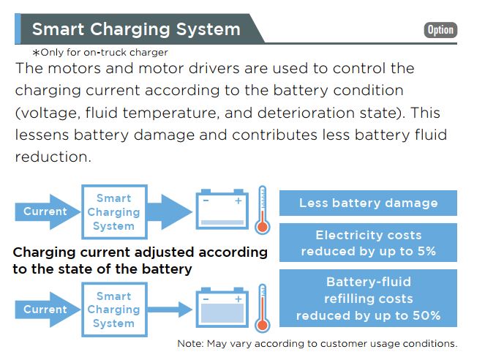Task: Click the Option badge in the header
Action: click(440, 30)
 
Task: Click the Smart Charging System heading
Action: click(136, 30)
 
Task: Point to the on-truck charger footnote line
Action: click(99, 52)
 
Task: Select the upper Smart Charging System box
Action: click(113, 211)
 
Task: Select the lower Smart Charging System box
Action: click(113, 310)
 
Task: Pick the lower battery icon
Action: click(222, 310)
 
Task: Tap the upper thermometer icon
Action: click(263, 210)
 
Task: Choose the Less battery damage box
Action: click(368, 203)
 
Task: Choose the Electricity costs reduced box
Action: click(368, 243)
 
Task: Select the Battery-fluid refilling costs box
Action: click(368, 299)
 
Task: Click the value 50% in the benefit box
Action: click(425, 316)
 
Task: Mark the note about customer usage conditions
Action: click(317, 344)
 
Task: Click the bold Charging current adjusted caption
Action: click(140, 260)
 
